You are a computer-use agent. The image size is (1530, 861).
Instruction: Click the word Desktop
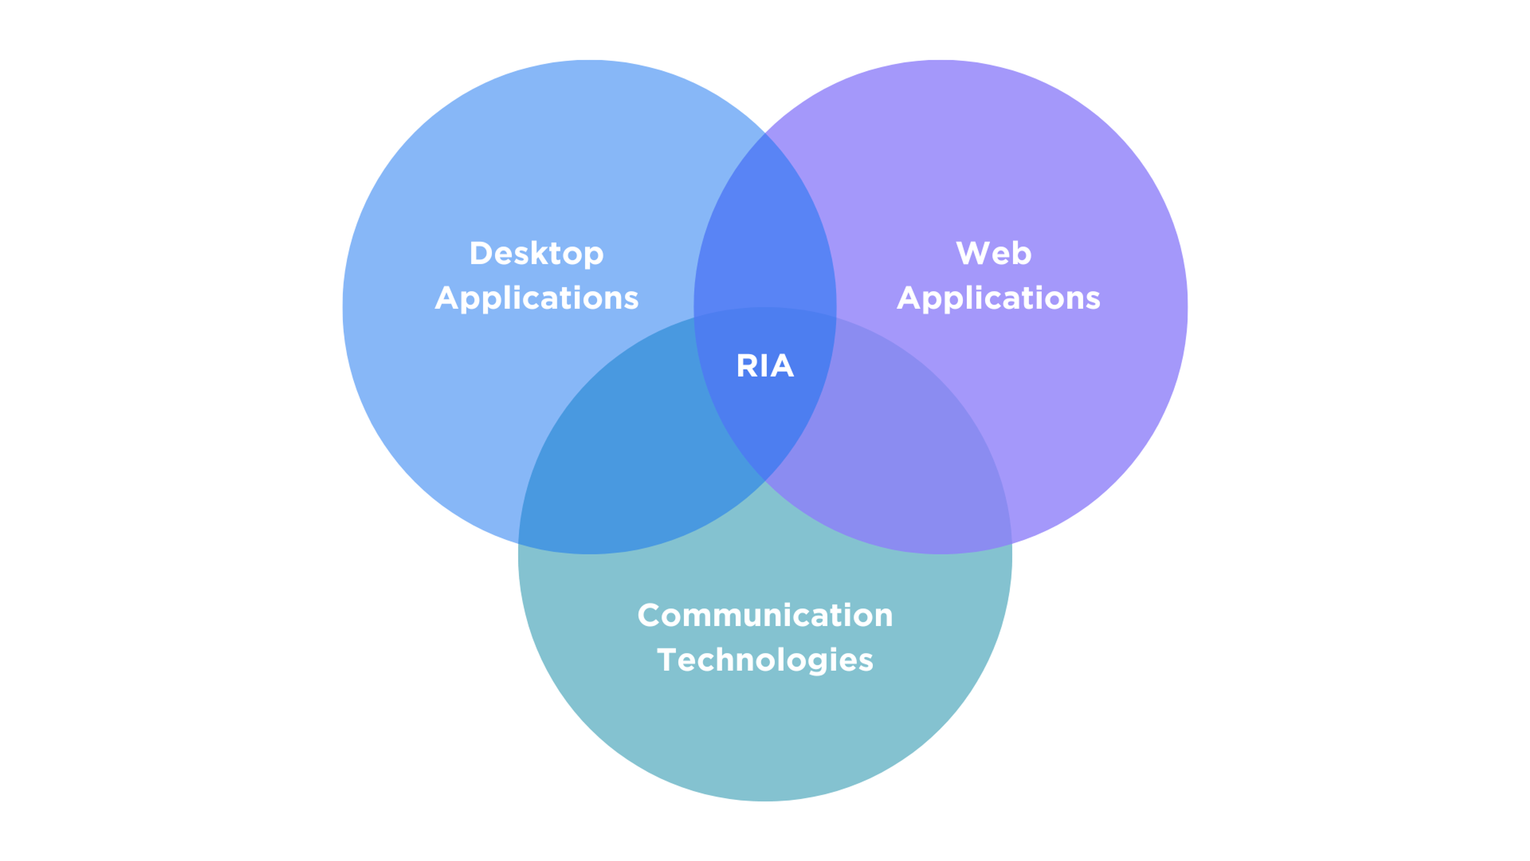coord(536,254)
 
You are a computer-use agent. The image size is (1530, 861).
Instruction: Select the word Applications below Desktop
coord(536,298)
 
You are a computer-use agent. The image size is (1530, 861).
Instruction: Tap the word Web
coord(994,254)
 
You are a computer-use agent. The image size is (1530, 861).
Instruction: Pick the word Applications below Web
coord(998,298)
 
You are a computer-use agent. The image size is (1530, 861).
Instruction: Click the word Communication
coord(765,615)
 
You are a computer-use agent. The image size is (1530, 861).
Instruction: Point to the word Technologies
coord(765,660)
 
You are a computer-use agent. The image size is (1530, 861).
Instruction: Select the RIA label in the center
coord(765,366)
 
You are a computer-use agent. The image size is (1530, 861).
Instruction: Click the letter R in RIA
coord(747,366)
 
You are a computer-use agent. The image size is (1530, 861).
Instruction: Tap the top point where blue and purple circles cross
coord(765,133)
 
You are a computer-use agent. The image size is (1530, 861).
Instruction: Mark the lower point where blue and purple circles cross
coord(765,480)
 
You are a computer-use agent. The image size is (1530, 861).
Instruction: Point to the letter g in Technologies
coord(823,663)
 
